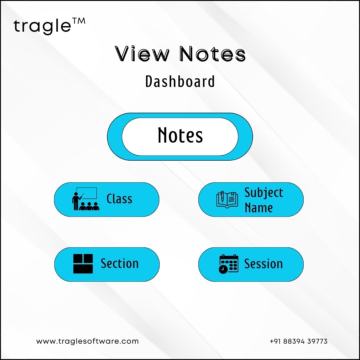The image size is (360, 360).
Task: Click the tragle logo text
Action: pos(42,26)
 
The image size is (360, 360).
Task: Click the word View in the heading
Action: pos(142,54)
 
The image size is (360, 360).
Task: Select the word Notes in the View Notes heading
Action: pos(213,54)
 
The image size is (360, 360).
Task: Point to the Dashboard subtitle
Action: pos(180,81)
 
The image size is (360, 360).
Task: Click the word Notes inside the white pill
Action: pos(180,135)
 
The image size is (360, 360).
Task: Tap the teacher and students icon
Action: pos(86,199)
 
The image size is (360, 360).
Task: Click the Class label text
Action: pos(119,199)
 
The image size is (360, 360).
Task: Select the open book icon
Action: pos(227,200)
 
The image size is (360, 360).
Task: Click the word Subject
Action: pos(264,193)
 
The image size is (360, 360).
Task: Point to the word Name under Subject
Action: pos(259,208)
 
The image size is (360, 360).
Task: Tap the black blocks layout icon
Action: pos(83,264)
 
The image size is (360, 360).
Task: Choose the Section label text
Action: pos(120,263)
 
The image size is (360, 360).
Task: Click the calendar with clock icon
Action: pos(229,264)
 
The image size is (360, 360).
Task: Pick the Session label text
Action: pos(263,264)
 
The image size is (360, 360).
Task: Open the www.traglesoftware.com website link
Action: pos(87,341)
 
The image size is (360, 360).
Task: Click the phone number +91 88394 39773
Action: pos(298,341)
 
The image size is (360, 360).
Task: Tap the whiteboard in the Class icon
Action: pos(87,193)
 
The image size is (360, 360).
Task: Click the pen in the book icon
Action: pos(222,196)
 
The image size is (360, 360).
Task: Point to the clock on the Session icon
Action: pos(223,269)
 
